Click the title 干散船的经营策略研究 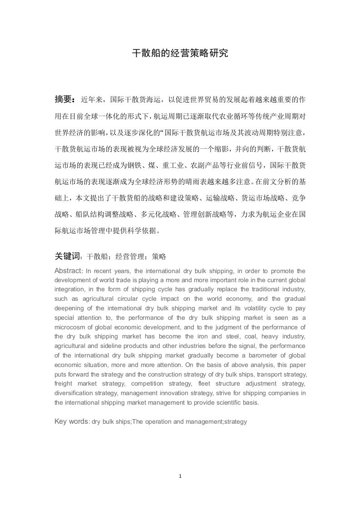click(x=180, y=53)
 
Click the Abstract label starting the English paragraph click(x=68, y=271)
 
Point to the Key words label click(x=71, y=421)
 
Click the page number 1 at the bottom click(x=180, y=476)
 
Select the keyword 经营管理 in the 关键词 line click(x=128, y=257)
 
